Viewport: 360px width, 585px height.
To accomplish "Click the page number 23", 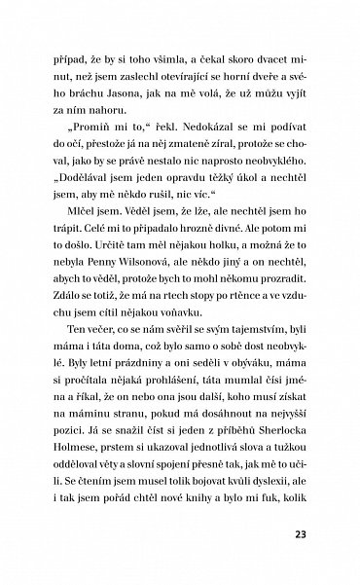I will click(x=299, y=533).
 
